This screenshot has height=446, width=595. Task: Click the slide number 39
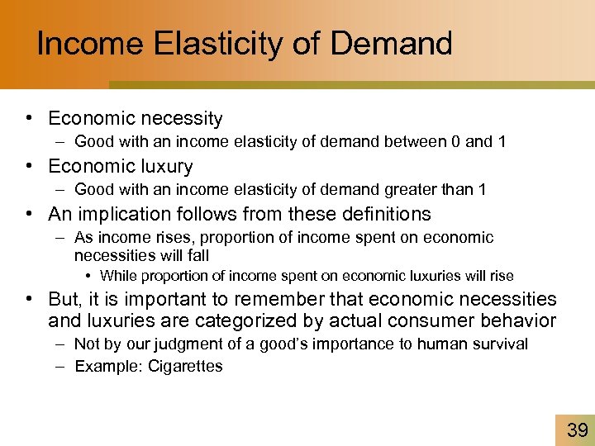click(x=577, y=429)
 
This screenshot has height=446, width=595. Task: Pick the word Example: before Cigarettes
click(x=108, y=366)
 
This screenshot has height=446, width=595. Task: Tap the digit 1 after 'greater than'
click(x=482, y=190)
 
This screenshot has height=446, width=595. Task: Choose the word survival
click(x=498, y=344)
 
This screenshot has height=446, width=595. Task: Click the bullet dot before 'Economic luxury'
click(x=29, y=167)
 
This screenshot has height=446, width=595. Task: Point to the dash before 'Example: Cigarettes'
click(x=63, y=366)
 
